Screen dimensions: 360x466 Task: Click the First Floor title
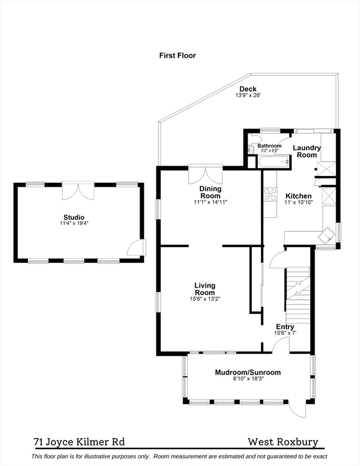pyautogui.click(x=177, y=56)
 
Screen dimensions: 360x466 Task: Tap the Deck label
pyautogui.click(x=248, y=89)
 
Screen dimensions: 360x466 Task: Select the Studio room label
pyautogui.click(x=74, y=217)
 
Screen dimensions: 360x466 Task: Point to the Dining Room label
pyautogui.click(x=211, y=192)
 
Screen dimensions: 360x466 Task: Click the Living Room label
pyautogui.click(x=205, y=289)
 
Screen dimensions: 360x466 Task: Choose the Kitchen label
pyautogui.click(x=299, y=196)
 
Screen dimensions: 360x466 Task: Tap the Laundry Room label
pyautogui.click(x=307, y=151)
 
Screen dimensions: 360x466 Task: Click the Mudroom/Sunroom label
pyautogui.click(x=248, y=373)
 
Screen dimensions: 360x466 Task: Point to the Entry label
pyautogui.click(x=285, y=327)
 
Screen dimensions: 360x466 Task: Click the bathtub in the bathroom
pyautogui.click(x=274, y=162)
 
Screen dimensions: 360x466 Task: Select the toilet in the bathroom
pyautogui.click(x=255, y=138)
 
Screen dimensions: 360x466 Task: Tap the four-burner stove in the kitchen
pyautogui.click(x=270, y=195)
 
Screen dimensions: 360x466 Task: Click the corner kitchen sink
pyautogui.click(x=327, y=236)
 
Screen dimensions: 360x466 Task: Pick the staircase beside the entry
pyautogui.click(x=297, y=295)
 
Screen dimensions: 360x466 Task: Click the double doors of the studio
pyautogui.click(x=78, y=191)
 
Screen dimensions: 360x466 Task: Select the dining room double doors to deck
pyautogui.click(x=205, y=174)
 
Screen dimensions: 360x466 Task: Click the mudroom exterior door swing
pyautogui.click(x=297, y=410)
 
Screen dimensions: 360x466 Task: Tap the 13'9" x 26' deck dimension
pyautogui.click(x=248, y=95)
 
